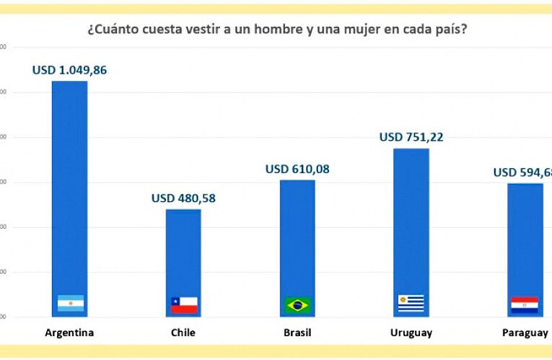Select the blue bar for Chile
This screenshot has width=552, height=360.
coord(183,253)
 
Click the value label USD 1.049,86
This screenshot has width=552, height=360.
coord(69,70)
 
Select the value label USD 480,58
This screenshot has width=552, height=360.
coord(183,198)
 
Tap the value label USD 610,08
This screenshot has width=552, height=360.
coord(297,169)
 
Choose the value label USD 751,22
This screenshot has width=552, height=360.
coord(411,137)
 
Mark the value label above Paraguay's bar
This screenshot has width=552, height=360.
coord(522,172)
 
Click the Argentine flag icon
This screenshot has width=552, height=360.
coord(71,304)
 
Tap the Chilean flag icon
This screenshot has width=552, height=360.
coord(184,304)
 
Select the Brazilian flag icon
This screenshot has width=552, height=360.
coord(298,304)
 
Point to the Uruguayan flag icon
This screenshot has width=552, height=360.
coord(411,303)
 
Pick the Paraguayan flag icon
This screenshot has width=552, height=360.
coord(525,304)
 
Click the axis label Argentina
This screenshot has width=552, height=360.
coord(69,333)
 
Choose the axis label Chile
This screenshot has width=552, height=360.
coord(183,333)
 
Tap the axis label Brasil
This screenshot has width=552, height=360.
coord(297,333)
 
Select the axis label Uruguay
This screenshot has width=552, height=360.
coord(411,333)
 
